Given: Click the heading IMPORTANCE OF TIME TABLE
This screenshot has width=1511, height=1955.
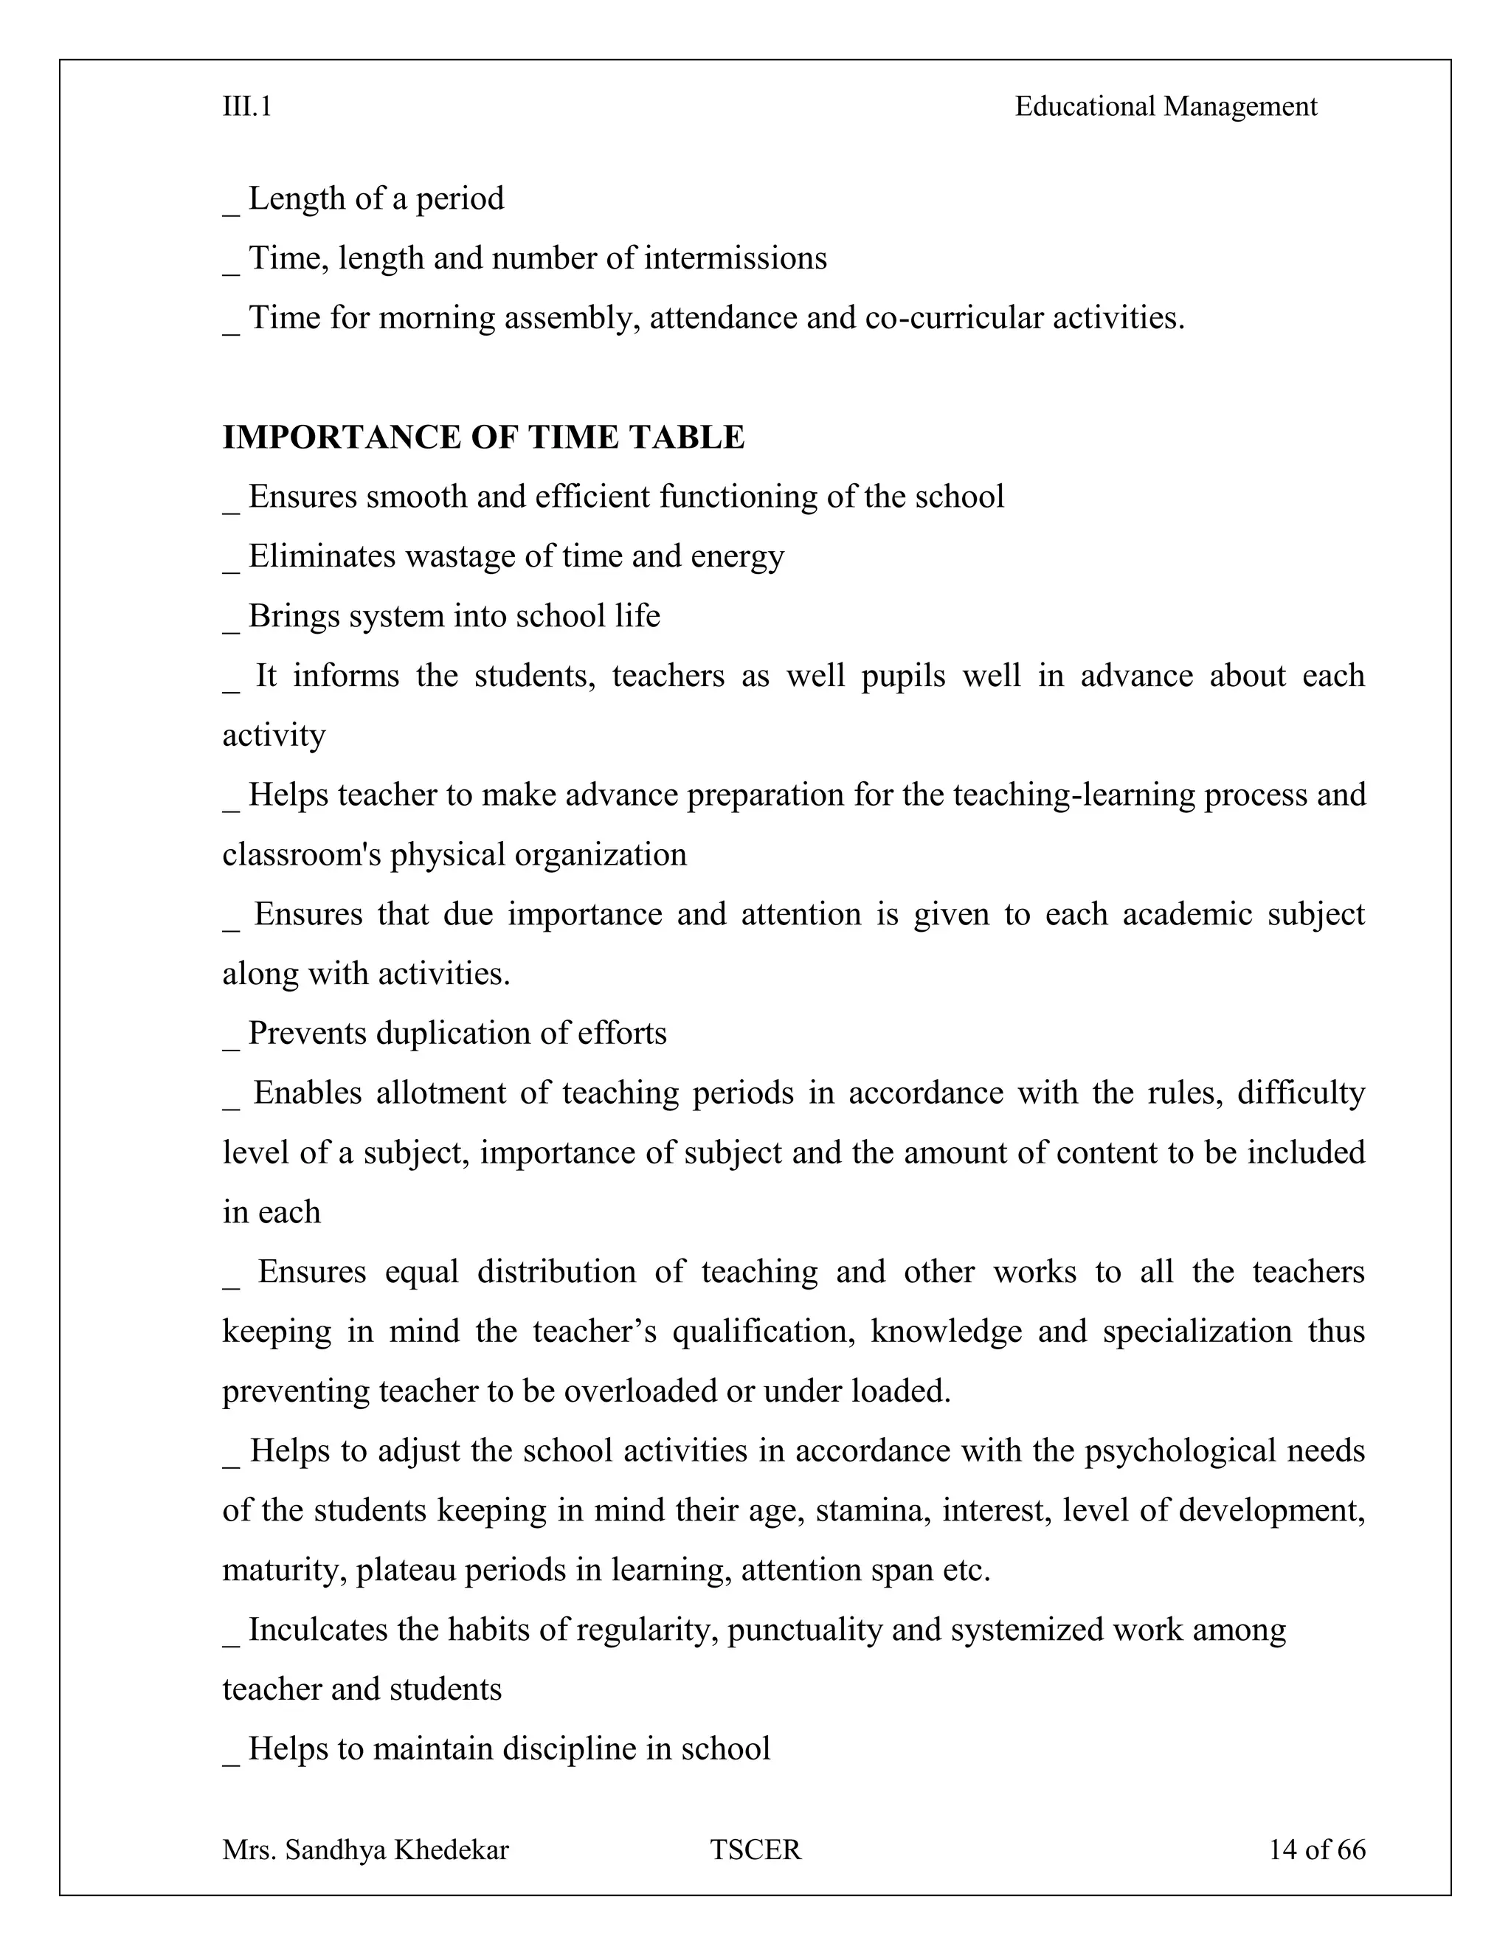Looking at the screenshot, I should click(x=483, y=437).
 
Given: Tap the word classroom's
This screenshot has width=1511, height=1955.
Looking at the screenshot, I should click(x=302, y=854).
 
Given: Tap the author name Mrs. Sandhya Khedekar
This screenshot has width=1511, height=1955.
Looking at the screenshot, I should click(x=365, y=1850).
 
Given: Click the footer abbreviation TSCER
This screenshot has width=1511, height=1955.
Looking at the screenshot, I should click(x=755, y=1850).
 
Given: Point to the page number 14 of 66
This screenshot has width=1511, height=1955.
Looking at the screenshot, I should click(x=1317, y=1850).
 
